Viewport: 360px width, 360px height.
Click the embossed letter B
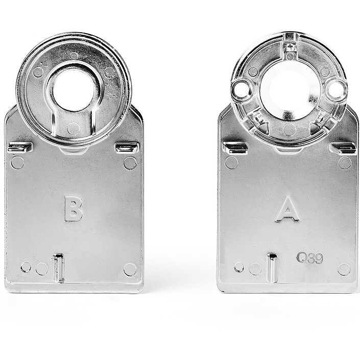coord(73,208)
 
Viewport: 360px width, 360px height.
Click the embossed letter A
coord(287,209)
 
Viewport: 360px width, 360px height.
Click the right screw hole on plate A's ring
coord(335,90)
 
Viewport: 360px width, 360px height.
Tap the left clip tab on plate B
coord(20,148)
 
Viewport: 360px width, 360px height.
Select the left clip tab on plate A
coord(235,148)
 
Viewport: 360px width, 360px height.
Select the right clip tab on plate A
coord(343,148)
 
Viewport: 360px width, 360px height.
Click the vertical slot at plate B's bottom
coord(59,268)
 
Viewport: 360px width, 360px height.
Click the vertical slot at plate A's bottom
coord(273,268)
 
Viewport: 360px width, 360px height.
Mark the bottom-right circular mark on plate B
coord(130,269)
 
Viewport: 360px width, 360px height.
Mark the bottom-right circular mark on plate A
coord(344,269)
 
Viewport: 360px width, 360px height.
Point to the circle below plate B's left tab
coord(17,163)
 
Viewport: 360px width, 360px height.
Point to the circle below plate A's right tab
coord(345,163)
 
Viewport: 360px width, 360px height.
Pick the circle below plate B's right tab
coord(130,163)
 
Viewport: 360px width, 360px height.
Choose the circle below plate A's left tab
coord(231,163)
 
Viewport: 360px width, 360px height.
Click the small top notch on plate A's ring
coord(291,47)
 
